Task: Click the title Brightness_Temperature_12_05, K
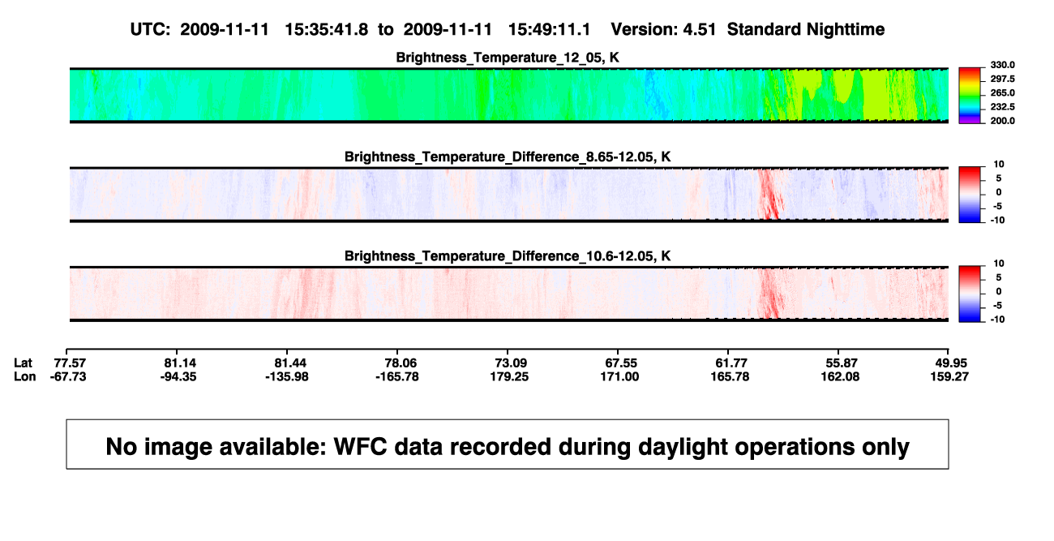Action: tap(508, 58)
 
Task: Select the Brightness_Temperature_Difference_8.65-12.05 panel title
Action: tap(508, 157)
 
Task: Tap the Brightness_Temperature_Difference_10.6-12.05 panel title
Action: tap(508, 256)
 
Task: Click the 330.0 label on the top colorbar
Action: tap(1002, 65)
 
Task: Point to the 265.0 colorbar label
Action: tap(1002, 92)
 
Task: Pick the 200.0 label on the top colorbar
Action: tap(1002, 121)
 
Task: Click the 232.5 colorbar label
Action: tap(1002, 107)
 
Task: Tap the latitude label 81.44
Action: tap(290, 363)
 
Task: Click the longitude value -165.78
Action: tap(397, 376)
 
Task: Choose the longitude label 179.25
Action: tap(509, 376)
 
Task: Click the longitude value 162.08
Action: tap(840, 376)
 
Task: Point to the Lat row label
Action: tap(23, 363)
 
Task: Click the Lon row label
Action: tap(24, 376)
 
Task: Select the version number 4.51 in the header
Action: tap(700, 30)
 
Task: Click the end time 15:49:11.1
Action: tap(549, 30)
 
